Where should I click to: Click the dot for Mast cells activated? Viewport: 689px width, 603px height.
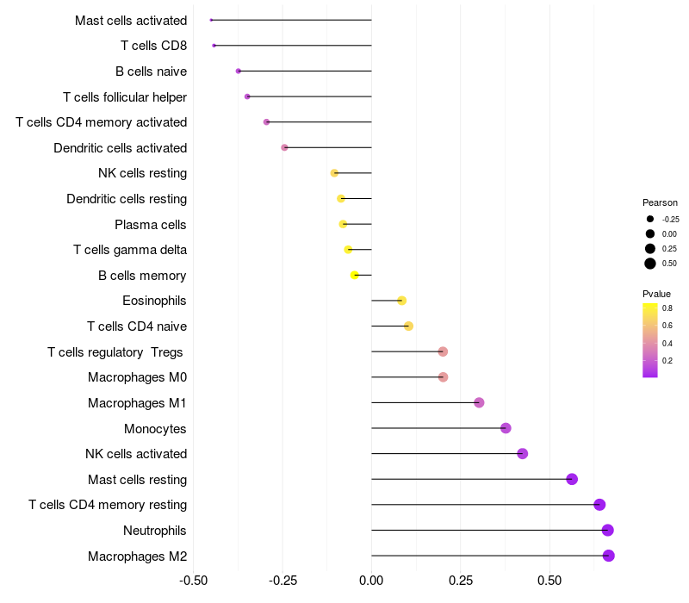click(x=211, y=20)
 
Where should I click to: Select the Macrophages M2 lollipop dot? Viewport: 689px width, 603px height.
click(x=608, y=556)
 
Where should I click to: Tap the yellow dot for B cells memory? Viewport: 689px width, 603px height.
click(x=355, y=275)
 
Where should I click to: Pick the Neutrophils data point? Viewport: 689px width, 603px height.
click(x=607, y=531)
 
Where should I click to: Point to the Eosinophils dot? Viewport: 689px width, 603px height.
click(x=401, y=301)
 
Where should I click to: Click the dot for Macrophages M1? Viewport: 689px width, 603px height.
click(x=479, y=402)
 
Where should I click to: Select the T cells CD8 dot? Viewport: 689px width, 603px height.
click(x=214, y=46)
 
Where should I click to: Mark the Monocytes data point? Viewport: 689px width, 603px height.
click(x=506, y=428)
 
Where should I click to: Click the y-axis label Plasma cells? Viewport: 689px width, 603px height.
click(x=150, y=225)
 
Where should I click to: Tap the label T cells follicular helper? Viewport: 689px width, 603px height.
click(x=125, y=97)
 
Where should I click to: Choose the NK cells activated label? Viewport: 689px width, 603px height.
click(x=136, y=454)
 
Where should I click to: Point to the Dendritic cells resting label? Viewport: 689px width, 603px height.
click(x=127, y=199)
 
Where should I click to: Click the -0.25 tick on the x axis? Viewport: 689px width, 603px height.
click(x=282, y=581)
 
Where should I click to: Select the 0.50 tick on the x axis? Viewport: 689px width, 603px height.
click(x=549, y=581)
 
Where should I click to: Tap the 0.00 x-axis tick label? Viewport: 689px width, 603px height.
click(x=371, y=581)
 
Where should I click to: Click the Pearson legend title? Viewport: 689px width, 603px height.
click(x=660, y=202)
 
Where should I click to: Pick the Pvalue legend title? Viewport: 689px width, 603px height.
click(x=656, y=294)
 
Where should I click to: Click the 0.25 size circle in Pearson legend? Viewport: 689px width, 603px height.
click(x=650, y=249)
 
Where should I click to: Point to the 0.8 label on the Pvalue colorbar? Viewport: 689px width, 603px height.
click(x=667, y=308)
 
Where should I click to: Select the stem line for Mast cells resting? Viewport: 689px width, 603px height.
click(x=471, y=479)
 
